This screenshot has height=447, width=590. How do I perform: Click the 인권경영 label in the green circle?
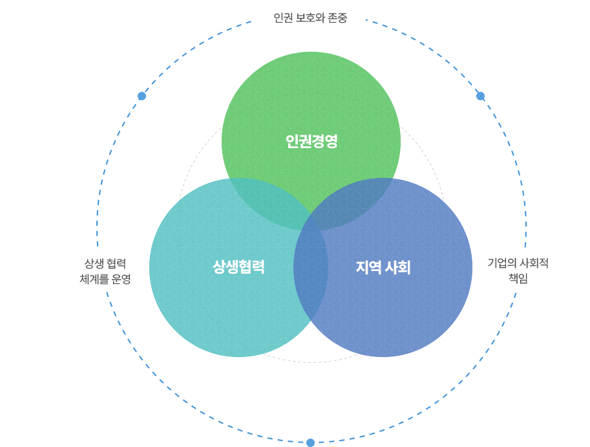click(311, 141)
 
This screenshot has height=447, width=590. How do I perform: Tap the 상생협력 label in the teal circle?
click(238, 267)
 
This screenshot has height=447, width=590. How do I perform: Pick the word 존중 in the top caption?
click(337, 17)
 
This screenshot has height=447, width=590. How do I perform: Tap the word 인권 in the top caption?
click(283, 17)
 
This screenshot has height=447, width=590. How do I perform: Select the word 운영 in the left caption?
click(121, 279)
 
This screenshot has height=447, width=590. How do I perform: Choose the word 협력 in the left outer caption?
click(116, 263)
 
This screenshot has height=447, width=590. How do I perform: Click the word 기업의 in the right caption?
click(500, 263)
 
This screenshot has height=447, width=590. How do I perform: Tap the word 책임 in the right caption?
click(518, 278)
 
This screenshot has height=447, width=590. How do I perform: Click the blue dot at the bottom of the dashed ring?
click(310, 442)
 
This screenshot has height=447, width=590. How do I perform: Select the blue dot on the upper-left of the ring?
click(142, 96)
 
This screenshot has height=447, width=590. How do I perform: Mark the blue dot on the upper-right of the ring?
click(481, 96)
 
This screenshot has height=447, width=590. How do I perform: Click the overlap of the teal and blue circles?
click(311, 268)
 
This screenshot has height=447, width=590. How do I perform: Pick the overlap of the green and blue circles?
click(350, 200)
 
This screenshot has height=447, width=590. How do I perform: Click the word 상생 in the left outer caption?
click(94, 263)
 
